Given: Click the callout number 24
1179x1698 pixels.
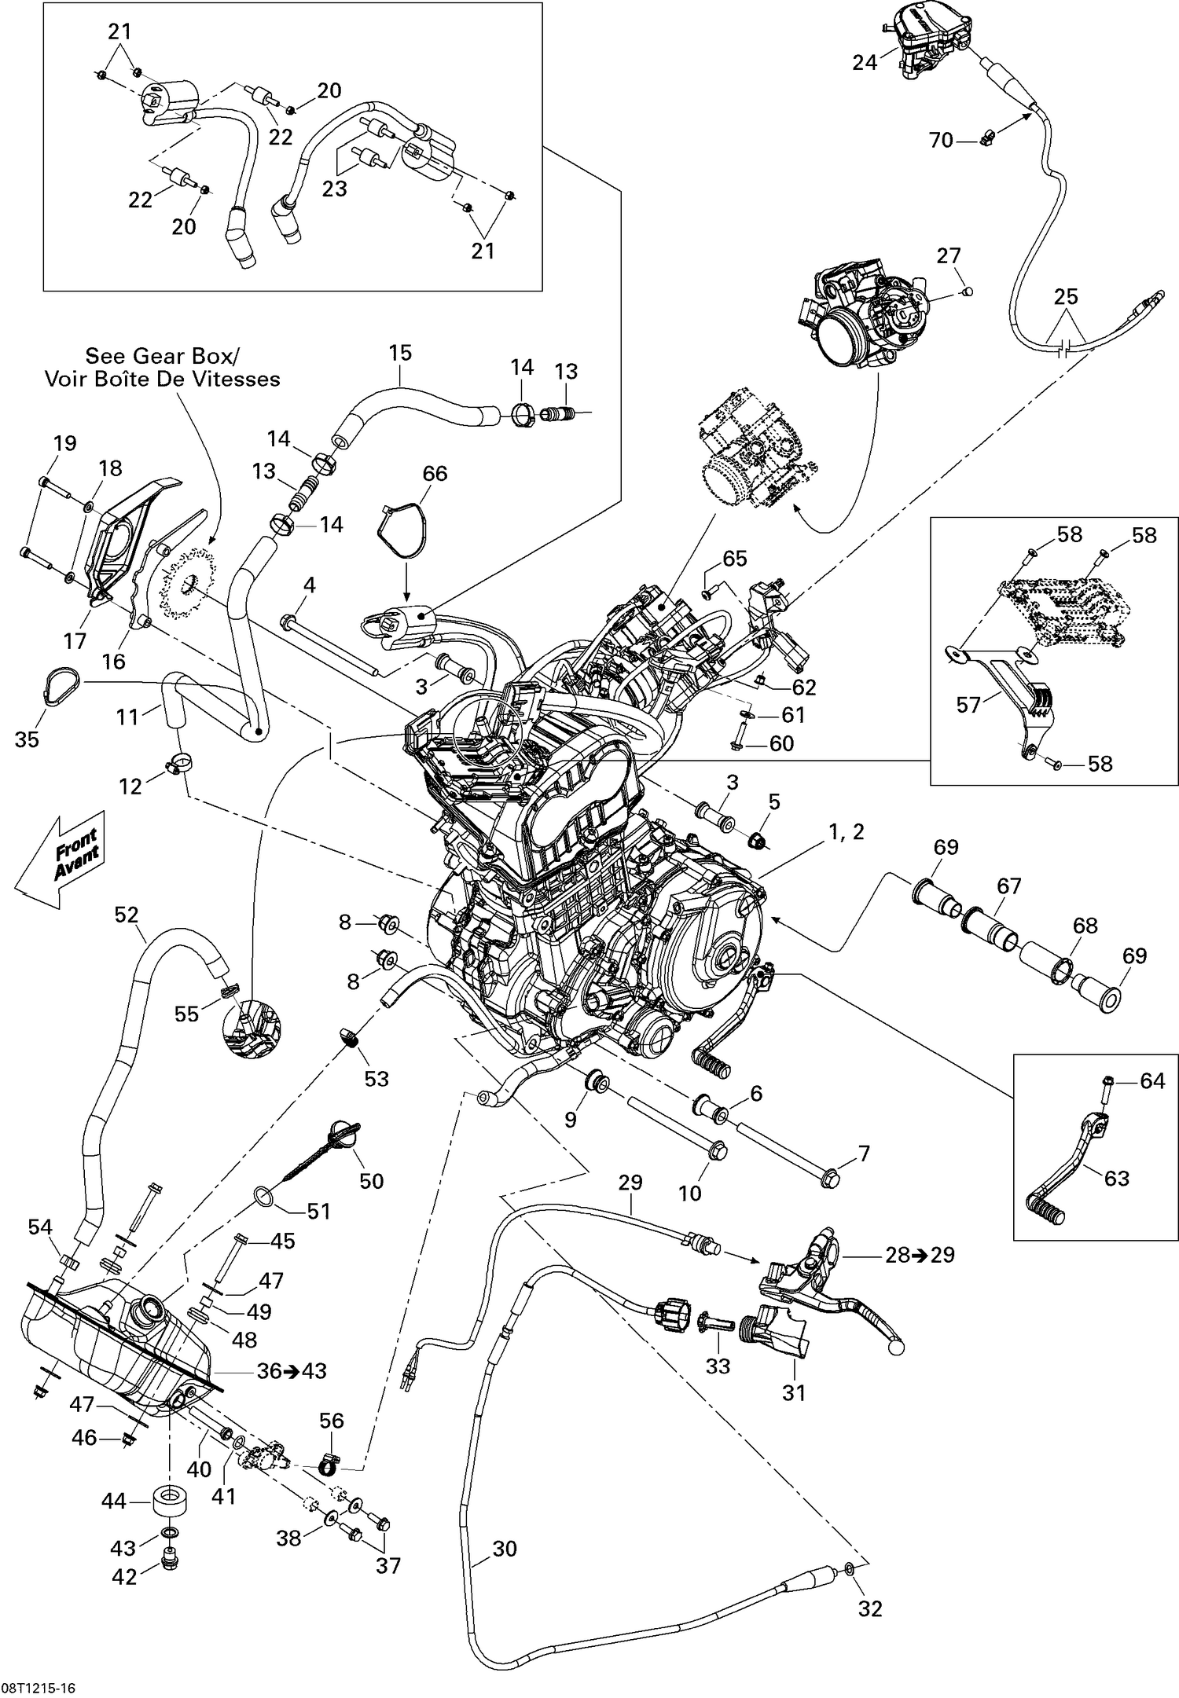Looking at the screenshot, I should [x=864, y=62].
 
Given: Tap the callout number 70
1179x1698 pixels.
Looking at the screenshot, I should [x=941, y=140].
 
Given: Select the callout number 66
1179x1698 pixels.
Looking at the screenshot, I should [x=435, y=473].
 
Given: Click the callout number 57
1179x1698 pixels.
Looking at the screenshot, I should [x=968, y=705].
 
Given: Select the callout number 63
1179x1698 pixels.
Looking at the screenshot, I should [x=1116, y=1178].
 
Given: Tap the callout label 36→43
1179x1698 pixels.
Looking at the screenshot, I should [x=292, y=1371].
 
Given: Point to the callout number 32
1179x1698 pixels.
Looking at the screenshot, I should [x=870, y=1608].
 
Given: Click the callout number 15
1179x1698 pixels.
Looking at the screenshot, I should [x=400, y=353].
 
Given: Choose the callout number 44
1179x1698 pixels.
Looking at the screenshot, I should [x=114, y=1502].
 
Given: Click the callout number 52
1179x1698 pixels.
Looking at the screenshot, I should [x=126, y=915].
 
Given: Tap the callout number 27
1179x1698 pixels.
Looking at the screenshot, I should [x=949, y=255].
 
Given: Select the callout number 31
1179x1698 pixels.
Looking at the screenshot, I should [x=794, y=1393].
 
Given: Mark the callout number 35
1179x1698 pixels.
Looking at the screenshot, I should [x=27, y=739].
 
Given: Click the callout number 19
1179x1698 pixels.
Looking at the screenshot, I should [x=64, y=443].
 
